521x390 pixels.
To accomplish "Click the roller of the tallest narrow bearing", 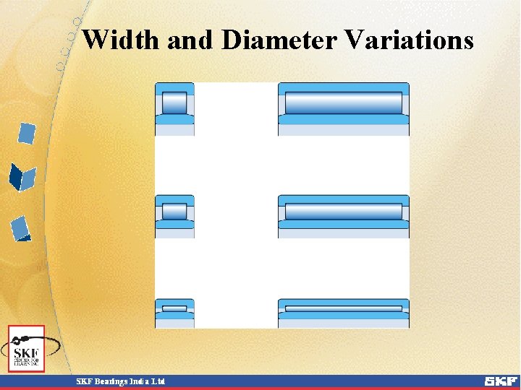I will [x=174, y=103].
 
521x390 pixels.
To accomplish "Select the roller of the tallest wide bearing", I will [x=344, y=103].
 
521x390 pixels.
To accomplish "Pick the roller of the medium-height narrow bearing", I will [x=174, y=212].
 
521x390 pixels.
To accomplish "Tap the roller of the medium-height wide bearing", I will [x=344, y=212].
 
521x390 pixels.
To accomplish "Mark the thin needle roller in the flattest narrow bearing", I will [x=174, y=308].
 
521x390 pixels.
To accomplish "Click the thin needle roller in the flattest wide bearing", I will [x=344, y=308].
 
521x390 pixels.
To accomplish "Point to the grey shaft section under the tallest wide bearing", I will [x=344, y=131].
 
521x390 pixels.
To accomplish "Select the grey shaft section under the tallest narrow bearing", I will [x=174, y=131].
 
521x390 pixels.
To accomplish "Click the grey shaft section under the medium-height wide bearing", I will [x=344, y=233].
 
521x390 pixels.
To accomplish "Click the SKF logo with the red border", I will [x=26, y=349].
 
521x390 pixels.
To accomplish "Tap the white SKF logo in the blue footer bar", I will [x=500, y=381].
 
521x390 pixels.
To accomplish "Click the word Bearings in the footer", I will [x=107, y=381].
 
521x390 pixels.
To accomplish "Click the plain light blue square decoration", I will [x=27, y=134].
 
